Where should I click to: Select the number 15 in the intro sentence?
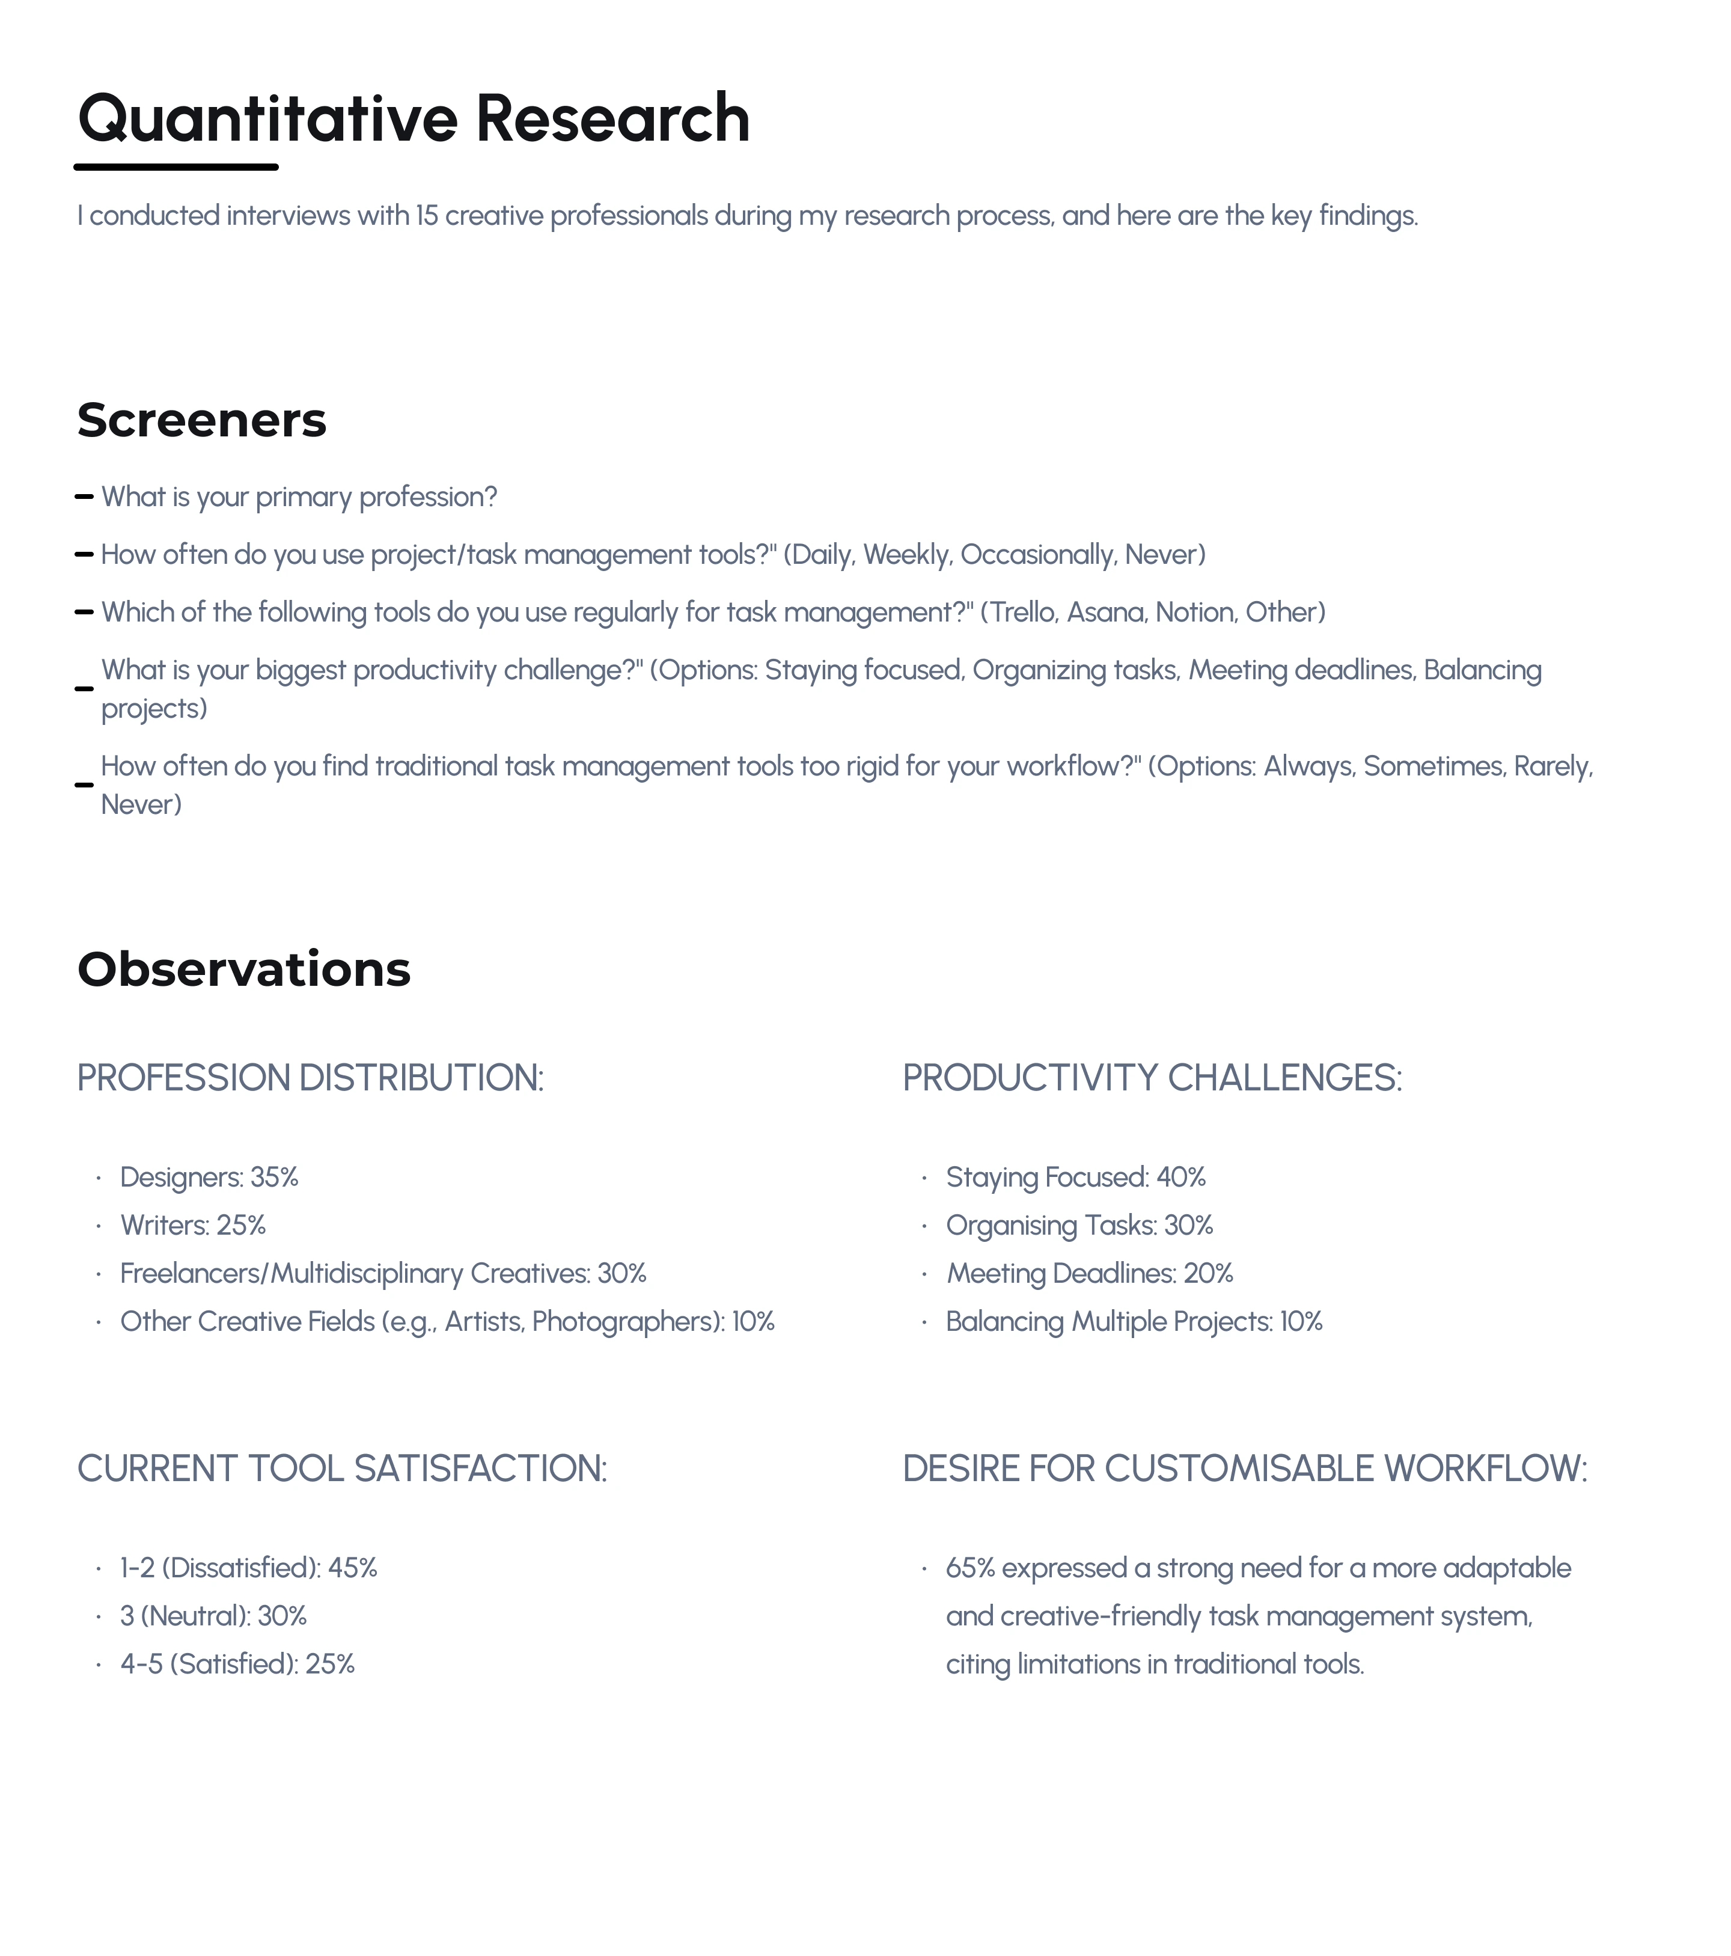tap(427, 216)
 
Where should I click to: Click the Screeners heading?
tap(202, 420)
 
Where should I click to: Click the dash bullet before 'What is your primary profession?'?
tap(84, 497)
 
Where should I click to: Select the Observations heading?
tap(244, 970)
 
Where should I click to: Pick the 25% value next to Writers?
tap(241, 1226)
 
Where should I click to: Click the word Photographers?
tap(627, 1322)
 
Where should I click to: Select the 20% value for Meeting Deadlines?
tap(1209, 1274)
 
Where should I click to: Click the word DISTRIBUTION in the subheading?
tap(421, 1078)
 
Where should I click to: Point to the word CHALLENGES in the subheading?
tap(1285, 1078)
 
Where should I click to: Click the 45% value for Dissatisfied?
tap(353, 1568)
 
